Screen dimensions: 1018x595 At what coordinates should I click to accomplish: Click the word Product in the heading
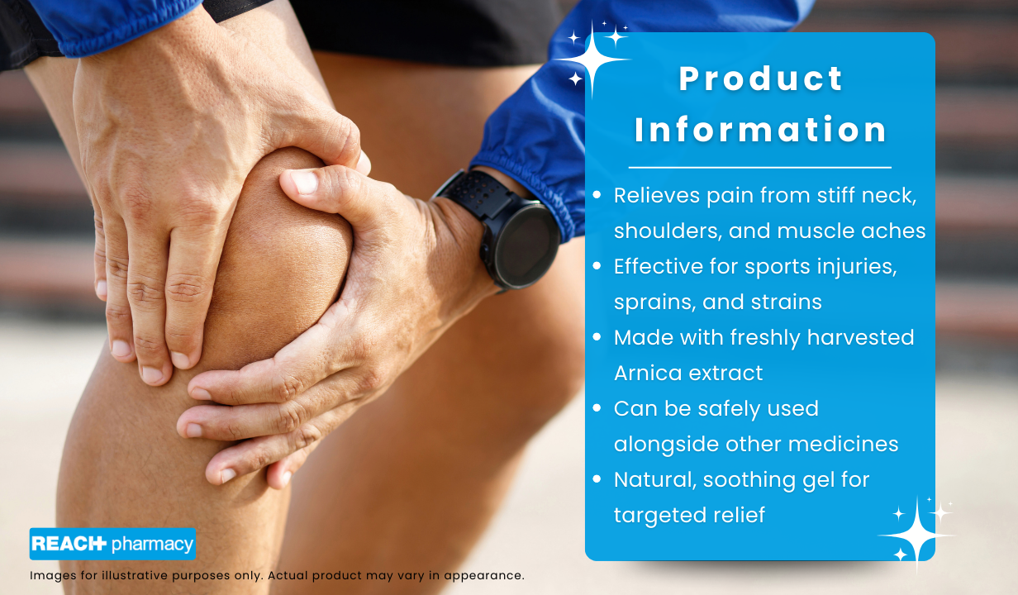point(761,79)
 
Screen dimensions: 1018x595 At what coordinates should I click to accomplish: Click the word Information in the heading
point(760,130)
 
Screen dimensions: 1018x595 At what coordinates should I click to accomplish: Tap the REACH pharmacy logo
point(112,544)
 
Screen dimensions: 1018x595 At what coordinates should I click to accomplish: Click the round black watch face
point(527,246)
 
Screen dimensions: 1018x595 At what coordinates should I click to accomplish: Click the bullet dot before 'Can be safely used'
point(597,407)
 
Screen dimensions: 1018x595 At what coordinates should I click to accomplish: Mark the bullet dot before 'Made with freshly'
point(597,337)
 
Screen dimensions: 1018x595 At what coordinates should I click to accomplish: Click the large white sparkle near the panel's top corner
point(592,59)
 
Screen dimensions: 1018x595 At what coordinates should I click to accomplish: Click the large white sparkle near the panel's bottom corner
point(916,535)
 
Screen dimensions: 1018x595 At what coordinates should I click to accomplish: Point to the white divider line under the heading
point(760,168)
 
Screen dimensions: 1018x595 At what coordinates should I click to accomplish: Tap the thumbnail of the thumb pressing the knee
point(303,183)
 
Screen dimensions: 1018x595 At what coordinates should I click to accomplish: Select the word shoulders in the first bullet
point(668,231)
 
